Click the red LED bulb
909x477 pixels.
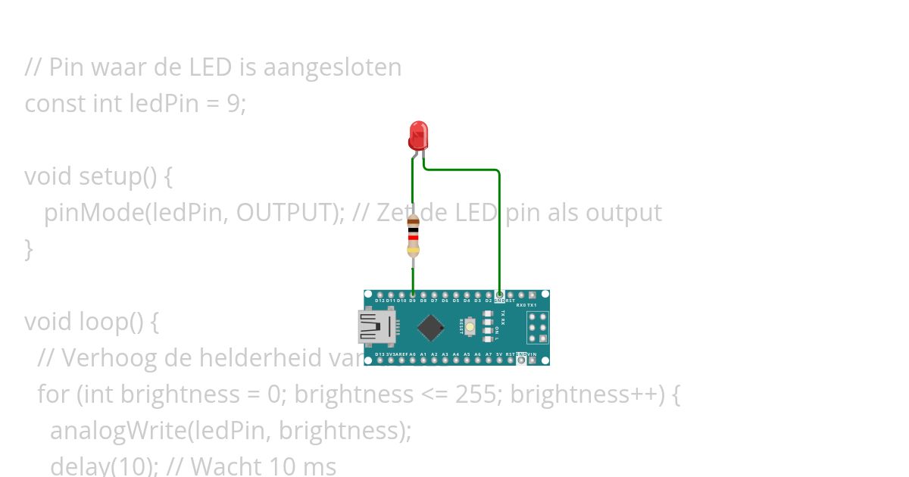(x=417, y=136)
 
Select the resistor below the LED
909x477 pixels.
(x=413, y=235)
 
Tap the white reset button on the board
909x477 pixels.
(x=471, y=327)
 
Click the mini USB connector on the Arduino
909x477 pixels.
(x=376, y=327)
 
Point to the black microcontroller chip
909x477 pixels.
(x=430, y=327)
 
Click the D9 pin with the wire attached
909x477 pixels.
(x=412, y=295)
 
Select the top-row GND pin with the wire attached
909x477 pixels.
(x=499, y=295)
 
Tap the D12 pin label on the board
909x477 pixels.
(x=380, y=301)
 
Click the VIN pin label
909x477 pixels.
(x=533, y=354)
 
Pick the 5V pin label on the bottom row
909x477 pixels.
(x=499, y=354)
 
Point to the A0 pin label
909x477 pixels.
(x=412, y=354)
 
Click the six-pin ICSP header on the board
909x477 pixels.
(x=537, y=327)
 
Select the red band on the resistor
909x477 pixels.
(x=413, y=237)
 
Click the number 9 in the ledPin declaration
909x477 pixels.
(x=233, y=103)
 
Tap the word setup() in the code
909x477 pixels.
(x=114, y=176)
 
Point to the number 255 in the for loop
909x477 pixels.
(x=475, y=394)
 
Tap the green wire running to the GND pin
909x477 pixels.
(x=499, y=227)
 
